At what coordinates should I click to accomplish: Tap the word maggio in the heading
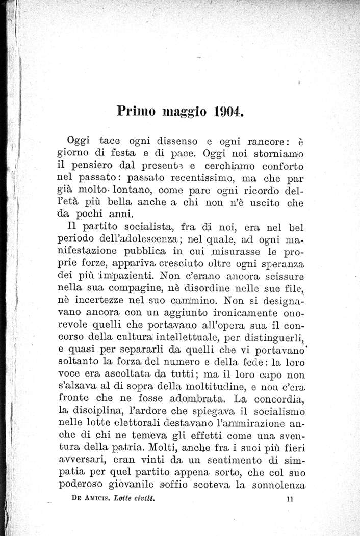185,112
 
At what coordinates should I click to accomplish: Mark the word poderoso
82,483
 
